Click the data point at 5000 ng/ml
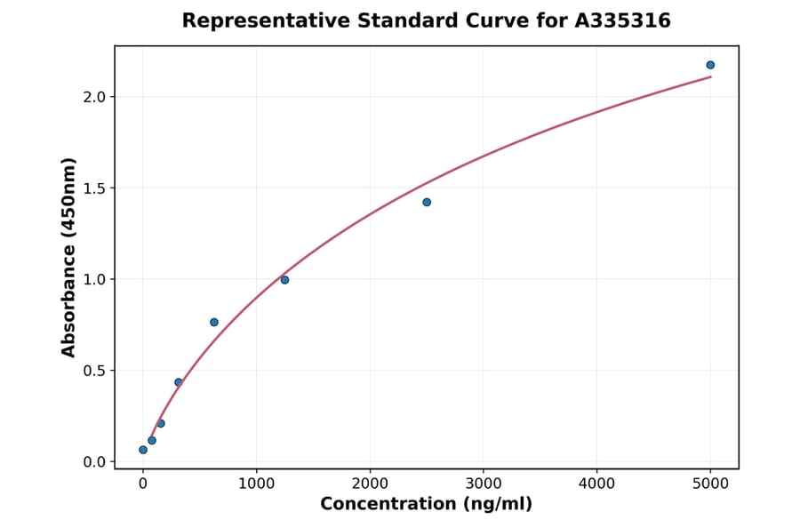coord(710,65)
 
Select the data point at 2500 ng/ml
coord(427,202)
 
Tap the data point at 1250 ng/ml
coord(284,280)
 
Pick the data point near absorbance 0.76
coord(214,322)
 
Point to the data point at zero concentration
coord(143,450)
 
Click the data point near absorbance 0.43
coord(179,382)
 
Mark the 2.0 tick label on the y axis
coord(93,96)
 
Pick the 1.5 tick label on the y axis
coord(93,188)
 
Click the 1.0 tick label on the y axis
coord(93,279)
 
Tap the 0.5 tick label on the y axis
coord(93,371)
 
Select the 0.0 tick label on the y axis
coord(93,462)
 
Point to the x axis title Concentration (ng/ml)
coord(426,505)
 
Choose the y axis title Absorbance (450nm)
coord(69,257)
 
